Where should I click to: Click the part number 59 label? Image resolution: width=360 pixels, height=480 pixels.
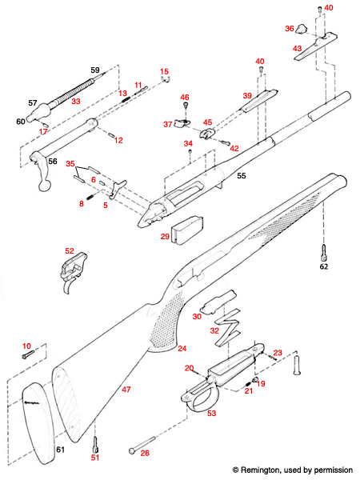pyautogui.click(x=95, y=71)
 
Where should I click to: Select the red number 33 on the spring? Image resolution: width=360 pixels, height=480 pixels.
pyautogui.click(x=76, y=102)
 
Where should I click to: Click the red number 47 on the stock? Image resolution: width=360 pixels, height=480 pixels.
pyautogui.click(x=125, y=389)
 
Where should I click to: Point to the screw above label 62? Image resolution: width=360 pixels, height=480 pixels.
pyautogui.click(x=323, y=251)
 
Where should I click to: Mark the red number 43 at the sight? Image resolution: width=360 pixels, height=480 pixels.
pyautogui.click(x=297, y=50)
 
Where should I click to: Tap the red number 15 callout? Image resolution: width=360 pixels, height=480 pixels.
pyautogui.click(x=165, y=71)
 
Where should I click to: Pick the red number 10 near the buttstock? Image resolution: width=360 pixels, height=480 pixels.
pyautogui.click(x=26, y=345)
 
